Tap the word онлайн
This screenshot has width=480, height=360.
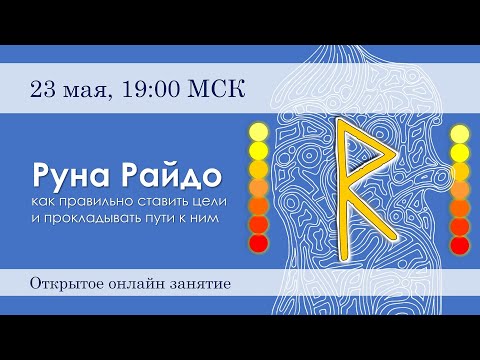click(139, 284)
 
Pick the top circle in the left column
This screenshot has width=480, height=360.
click(259, 131)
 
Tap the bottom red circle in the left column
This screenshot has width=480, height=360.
click(259, 243)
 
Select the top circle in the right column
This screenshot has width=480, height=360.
click(461, 131)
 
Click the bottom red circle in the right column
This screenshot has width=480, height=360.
click(461, 243)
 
